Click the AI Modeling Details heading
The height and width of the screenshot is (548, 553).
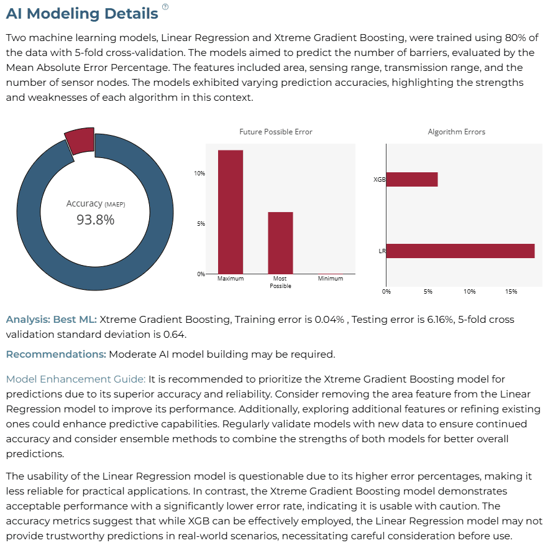(82, 14)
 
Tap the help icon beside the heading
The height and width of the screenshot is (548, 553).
(165, 7)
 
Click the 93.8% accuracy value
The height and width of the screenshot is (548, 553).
(96, 220)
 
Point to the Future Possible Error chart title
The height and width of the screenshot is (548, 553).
(276, 132)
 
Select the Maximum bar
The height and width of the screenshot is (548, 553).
(231, 212)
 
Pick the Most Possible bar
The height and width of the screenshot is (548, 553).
(280, 243)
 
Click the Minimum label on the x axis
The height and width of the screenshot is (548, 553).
(331, 278)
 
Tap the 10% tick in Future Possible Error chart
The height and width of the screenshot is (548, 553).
(199, 174)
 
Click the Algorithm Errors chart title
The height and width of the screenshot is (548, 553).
(456, 132)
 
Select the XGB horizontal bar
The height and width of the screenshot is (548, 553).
(412, 179)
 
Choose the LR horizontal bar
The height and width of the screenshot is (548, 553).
(460, 251)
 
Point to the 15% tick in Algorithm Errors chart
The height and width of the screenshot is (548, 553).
(511, 291)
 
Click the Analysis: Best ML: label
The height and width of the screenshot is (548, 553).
(52, 319)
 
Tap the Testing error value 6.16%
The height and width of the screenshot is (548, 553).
(441, 319)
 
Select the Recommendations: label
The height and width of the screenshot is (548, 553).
(56, 354)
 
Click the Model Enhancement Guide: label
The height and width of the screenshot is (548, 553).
(76, 379)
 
